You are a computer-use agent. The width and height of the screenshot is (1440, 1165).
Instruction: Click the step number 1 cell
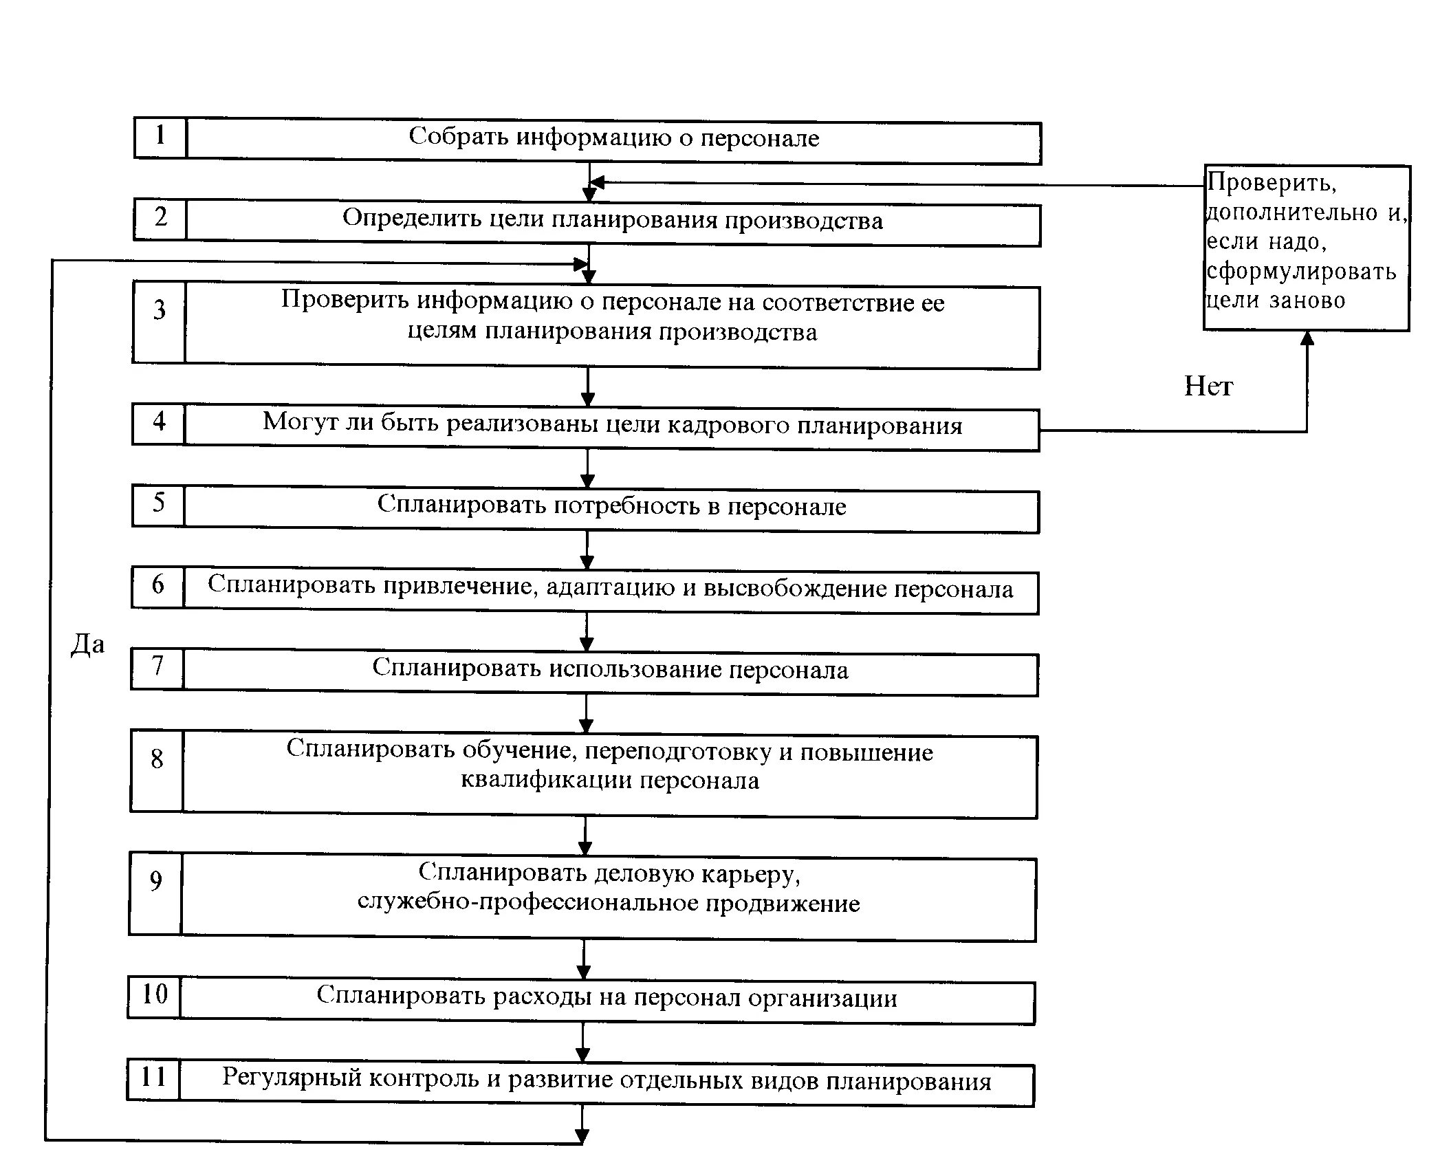pyautogui.click(x=160, y=137)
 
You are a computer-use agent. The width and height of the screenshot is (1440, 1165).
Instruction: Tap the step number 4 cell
pyautogui.click(x=159, y=424)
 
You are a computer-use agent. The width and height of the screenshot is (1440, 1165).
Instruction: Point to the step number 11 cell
pyautogui.click(x=153, y=1080)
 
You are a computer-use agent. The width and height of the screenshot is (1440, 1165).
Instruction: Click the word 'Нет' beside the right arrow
pyautogui.click(x=1208, y=386)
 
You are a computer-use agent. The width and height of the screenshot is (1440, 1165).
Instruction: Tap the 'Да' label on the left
pyautogui.click(x=88, y=645)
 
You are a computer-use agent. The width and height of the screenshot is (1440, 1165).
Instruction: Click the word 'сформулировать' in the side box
pyautogui.click(x=1302, y=272)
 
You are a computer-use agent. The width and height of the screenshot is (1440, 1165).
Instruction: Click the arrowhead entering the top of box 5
pyautogui.click(x=587, y=482)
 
